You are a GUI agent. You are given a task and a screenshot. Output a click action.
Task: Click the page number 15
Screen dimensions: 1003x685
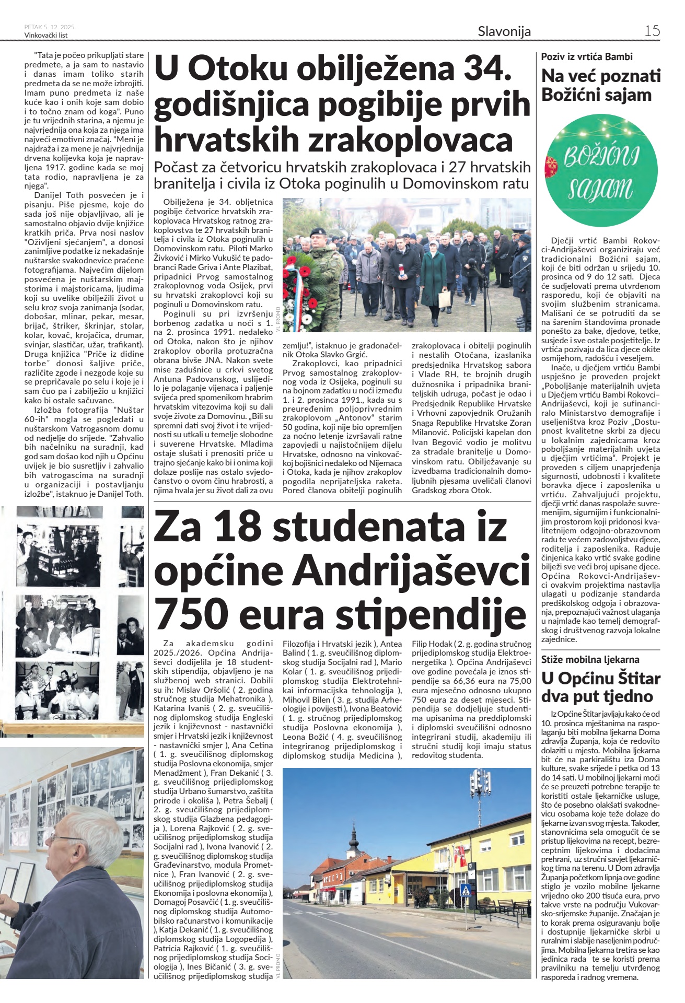[652, 31]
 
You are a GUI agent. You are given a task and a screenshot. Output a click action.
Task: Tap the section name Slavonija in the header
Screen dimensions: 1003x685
[504, 31]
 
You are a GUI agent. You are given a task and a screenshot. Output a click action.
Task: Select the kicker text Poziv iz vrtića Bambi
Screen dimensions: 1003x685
[587, 56]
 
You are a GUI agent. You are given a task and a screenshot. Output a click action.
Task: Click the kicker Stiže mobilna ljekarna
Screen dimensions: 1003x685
[590, 659]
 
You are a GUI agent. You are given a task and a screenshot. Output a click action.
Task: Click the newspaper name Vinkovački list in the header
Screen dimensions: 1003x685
[46, 35]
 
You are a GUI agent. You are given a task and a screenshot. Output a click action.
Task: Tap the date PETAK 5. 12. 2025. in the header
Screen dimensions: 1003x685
[50, 27]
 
